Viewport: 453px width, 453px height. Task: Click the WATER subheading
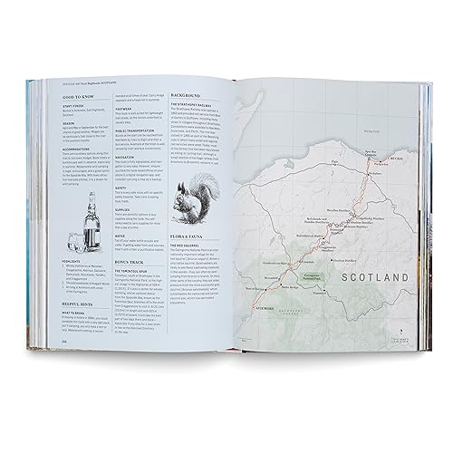(124, 260)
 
